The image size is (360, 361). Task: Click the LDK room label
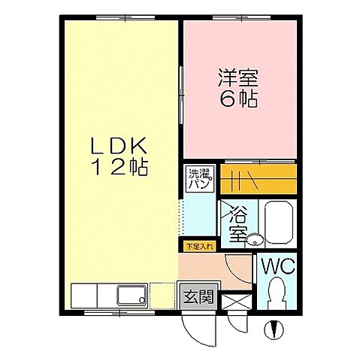point(121,144)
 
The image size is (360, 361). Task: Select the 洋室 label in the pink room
point(238,77)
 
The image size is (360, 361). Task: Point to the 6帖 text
point(238,99)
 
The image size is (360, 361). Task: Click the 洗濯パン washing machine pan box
point(198,178)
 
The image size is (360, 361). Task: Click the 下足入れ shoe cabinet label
point(198,245)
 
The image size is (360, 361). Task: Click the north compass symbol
point(275,328)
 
